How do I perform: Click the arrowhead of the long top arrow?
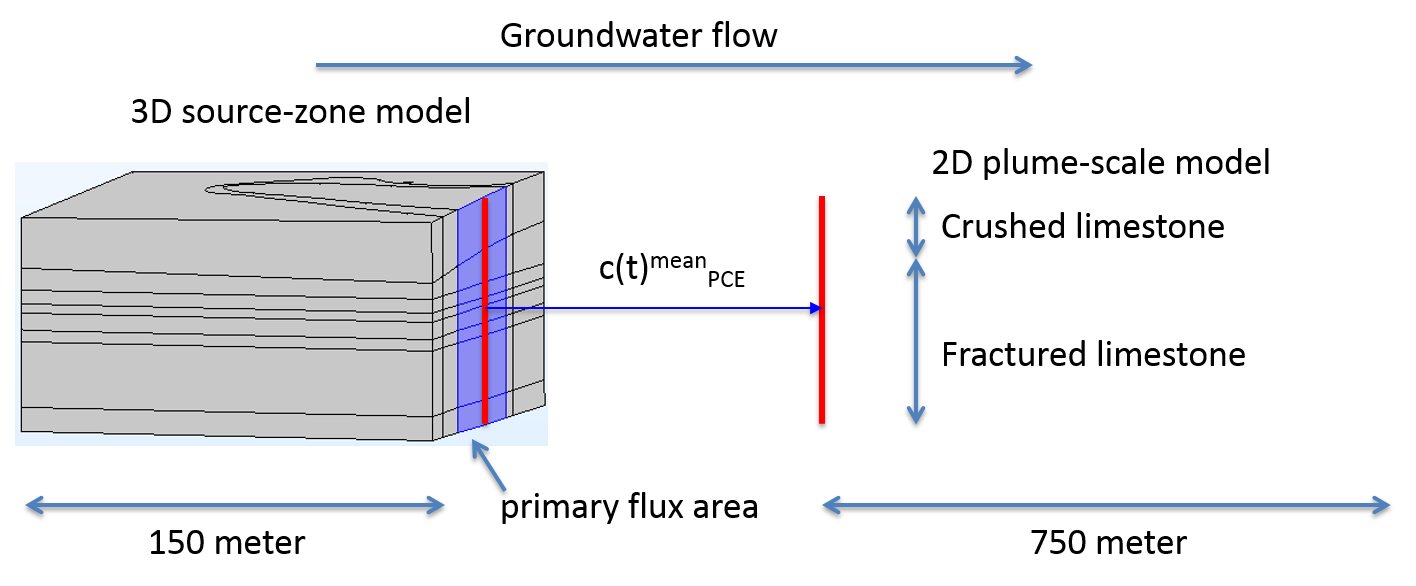pos(1028,65)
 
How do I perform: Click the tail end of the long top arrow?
pos(318,65)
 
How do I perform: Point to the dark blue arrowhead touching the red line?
pos(816,308)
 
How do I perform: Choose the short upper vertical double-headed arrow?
pos(915,227)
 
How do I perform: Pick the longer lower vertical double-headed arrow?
pos(915,341)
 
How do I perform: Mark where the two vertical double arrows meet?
pos(915,258)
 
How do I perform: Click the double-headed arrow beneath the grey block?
pos(235,505)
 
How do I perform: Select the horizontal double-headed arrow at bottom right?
pos(1106,505)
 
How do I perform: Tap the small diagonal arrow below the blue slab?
pos(489,466)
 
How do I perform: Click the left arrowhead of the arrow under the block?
pos(29,505)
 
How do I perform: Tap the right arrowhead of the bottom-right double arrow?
pos(1387,505)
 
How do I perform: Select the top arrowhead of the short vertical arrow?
pos(915,200)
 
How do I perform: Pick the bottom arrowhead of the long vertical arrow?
pos(915,419)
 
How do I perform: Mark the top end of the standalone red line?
pos(822,198)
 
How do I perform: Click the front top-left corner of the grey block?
pos(22,218)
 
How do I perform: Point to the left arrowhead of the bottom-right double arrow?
pos(826,505)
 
